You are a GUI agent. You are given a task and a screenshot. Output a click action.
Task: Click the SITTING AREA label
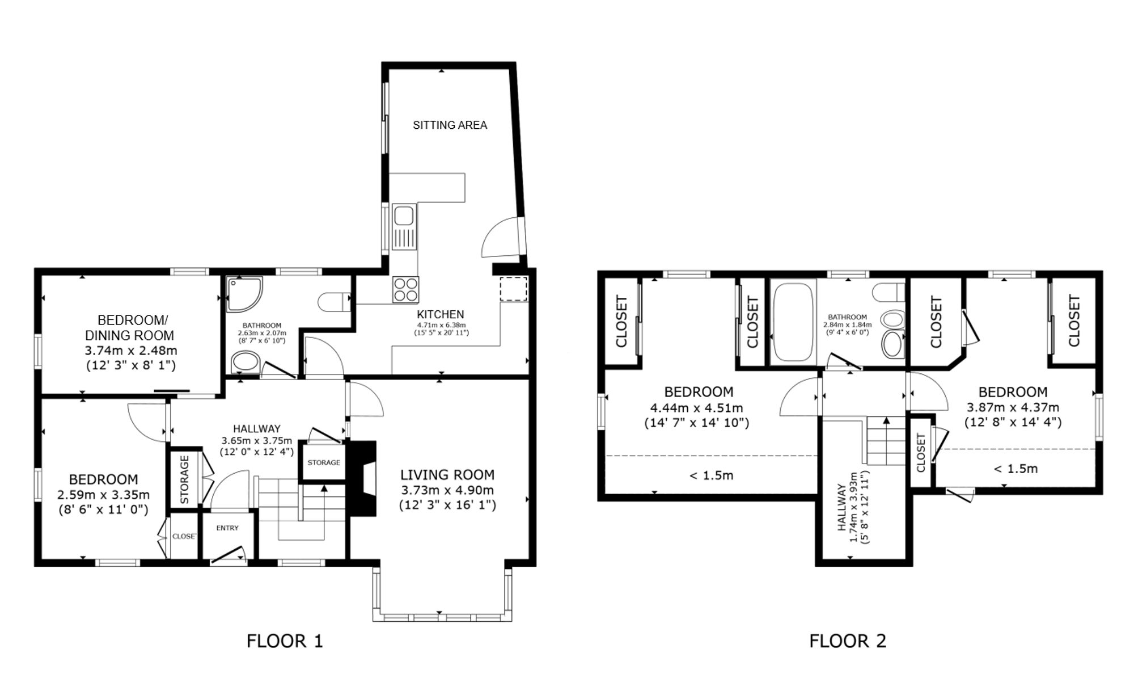(450, 125)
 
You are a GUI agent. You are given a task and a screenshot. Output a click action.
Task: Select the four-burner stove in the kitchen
(406, 289)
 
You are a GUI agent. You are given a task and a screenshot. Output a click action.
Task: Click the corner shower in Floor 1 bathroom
(244, 294)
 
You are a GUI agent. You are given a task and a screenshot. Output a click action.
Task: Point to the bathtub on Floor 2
(793, 322)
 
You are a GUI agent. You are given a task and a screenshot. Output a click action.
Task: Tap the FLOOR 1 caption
(285, 641)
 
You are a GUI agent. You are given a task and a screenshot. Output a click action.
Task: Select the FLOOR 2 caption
(847, 641)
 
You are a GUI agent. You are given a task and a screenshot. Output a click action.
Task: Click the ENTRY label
(227, 528)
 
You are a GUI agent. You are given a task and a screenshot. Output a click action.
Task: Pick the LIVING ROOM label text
(447, 475)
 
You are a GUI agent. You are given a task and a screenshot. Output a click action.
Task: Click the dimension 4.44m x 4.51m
(696, 408)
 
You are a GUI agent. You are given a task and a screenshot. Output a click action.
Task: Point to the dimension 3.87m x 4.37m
(1013, 407)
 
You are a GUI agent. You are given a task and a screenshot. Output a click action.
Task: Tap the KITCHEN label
(441, 314)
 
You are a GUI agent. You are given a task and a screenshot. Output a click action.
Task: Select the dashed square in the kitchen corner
(514, 289)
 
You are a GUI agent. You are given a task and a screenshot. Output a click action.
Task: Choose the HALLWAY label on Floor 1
(257, 429)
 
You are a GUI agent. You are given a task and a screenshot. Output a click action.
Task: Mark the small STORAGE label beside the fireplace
(324, 462)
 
